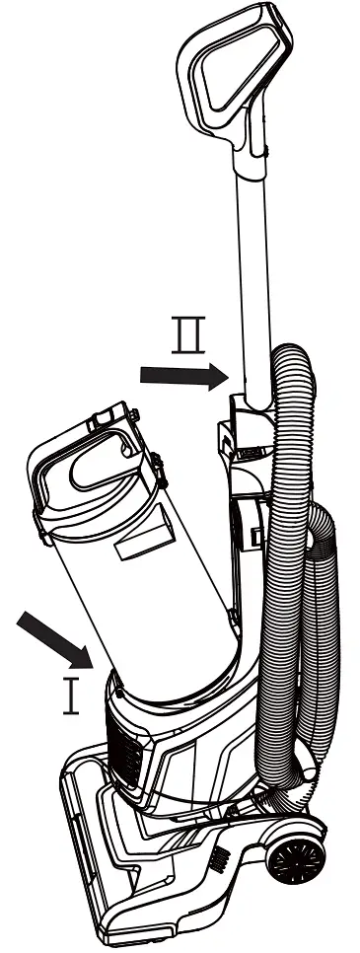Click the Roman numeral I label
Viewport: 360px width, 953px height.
[x=70, y=697]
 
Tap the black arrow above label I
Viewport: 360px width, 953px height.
[x=54, y=638]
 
